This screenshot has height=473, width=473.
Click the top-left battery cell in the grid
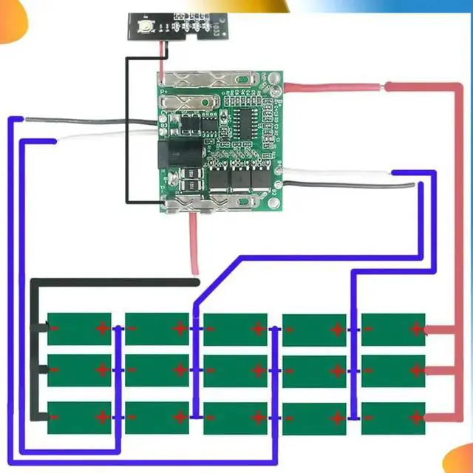(79, 328)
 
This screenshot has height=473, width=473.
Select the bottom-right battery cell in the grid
(393, 418)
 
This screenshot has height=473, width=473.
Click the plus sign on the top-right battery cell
(415, 329)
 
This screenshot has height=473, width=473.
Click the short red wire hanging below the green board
(194, 240)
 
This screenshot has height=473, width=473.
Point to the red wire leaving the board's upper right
(333, 88)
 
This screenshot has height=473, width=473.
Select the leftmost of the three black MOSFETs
(219, 178)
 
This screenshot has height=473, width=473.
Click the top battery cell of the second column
(157, 328)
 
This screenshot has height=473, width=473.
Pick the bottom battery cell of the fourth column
(314, 418)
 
